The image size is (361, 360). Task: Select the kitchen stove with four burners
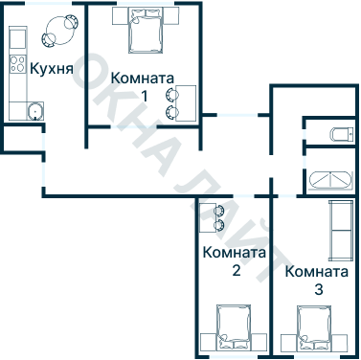pos(17,65)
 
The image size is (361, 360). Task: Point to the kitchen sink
pos(34,109)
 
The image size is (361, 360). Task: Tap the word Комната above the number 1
pos(143,78)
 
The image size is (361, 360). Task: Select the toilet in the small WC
pos(338,133)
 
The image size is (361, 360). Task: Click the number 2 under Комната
pos(236,271)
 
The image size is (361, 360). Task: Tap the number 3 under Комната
pos(318,287)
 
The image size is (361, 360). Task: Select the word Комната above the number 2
pos(235,254)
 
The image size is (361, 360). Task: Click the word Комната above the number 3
pos(317,270)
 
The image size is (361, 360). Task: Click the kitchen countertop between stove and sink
pos(17,88)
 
